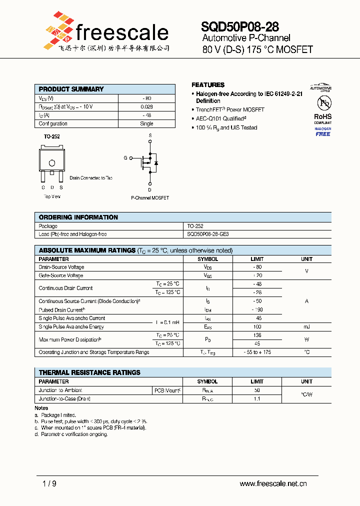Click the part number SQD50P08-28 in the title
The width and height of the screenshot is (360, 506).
click(x=240, y=26)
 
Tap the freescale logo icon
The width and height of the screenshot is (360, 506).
click(x=57, y=31)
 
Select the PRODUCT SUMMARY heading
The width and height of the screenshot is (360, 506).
click(x=71, y=89)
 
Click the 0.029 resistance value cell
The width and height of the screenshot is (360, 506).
click(x=147, y=106)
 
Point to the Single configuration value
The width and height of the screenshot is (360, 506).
click(x=147, y=123)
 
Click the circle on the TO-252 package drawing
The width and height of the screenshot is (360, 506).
click(x=51, y=163)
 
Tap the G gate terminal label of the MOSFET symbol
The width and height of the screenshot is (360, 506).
click(x=125, y=158)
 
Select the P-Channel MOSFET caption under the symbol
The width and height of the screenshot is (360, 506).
click(x=150, y=197)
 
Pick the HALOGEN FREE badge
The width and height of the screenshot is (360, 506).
click(x=322, y=131)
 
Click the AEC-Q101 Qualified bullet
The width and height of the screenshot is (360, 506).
click(x=221, y=118)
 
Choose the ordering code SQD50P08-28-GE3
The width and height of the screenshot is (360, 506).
click(x=208, y=234)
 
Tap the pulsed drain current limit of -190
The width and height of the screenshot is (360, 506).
click(x=257, y=310)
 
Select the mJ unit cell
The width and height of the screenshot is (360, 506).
click(x=306, y=326)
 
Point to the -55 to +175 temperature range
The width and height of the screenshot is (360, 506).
click(x=257, y=352)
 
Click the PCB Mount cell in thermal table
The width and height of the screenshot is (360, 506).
click(x=167, y=390)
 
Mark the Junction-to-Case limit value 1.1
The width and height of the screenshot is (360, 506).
click(x=257, y=399)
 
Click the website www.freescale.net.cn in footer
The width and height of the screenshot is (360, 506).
click(x=273, y=483)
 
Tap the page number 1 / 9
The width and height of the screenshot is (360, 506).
click(x=48, y=483)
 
